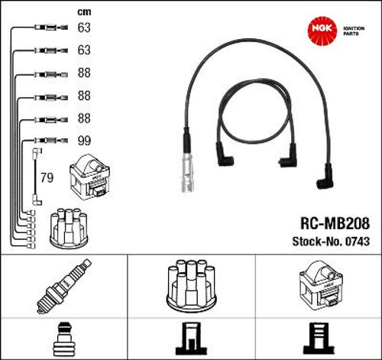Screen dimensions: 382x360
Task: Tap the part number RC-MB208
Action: coord(335,223)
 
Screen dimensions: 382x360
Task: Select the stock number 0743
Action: coord(358,242)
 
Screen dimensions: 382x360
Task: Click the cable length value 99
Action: coord(84,141)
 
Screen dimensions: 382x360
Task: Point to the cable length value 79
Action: coord(47,177)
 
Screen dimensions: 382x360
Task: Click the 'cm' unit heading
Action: coord(84,11)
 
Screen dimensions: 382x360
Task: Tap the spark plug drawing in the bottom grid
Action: coord(64,286)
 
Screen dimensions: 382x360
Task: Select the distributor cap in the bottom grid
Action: coord(191,285)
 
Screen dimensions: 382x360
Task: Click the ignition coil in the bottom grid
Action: coord(320,285)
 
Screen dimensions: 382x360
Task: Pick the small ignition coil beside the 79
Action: coord(90,177)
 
